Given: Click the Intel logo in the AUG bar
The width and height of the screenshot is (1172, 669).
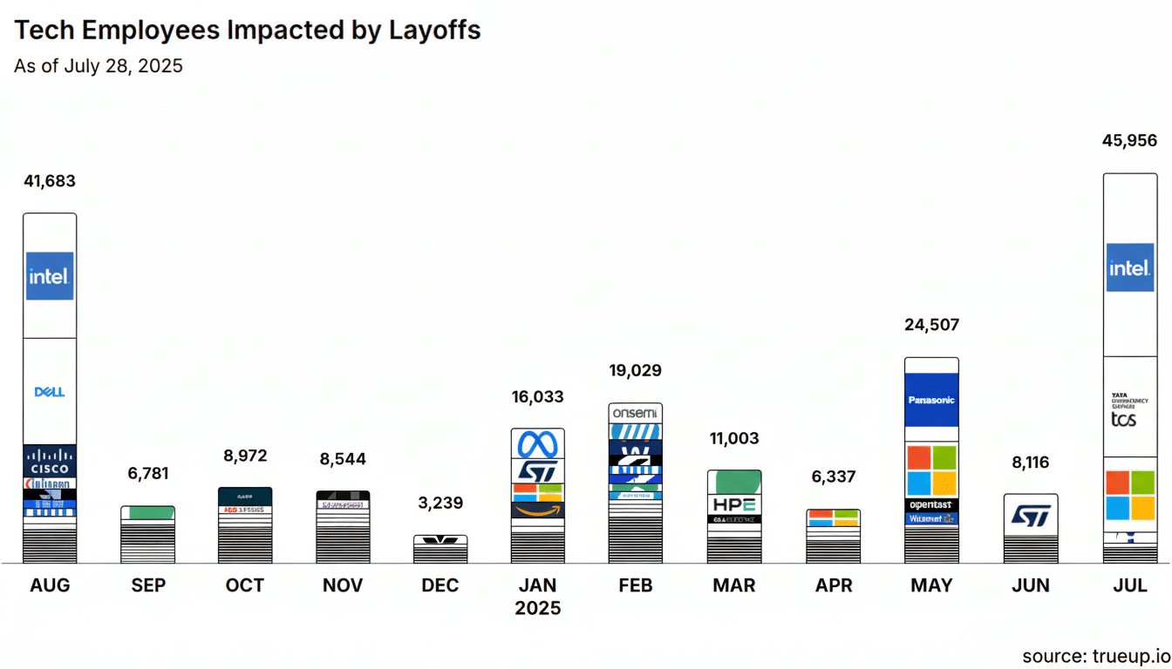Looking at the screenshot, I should point(50,276).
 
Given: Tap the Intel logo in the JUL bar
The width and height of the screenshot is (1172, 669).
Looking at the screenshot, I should point(1130,267).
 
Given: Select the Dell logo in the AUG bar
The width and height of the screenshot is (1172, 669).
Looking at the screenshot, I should point(50,392).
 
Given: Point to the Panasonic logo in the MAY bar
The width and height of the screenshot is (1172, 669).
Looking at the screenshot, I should point(931,400).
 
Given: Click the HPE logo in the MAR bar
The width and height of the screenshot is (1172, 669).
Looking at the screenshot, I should point(734,504).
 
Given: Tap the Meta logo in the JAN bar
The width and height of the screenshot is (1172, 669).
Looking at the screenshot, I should point(537,445).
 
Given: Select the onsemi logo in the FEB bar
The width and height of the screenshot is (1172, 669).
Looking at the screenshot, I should point(636,413).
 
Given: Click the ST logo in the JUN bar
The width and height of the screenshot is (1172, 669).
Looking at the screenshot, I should point(1031,516).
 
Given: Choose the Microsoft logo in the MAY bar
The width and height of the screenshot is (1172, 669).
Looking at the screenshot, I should point(931,470).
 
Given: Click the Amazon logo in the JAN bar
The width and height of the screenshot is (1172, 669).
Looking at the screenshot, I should point(537,510).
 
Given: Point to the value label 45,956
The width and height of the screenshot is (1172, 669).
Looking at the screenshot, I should point(1129,140).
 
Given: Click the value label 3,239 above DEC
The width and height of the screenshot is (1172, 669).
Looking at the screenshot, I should point(439,503).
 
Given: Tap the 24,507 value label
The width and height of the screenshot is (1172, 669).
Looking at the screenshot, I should point(930,325).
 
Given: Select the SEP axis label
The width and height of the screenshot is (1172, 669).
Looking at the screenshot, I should point(147,585).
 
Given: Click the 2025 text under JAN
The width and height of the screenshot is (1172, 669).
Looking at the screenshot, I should point(538,608).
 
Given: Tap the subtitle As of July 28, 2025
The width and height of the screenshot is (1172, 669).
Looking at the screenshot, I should point(99,66).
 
